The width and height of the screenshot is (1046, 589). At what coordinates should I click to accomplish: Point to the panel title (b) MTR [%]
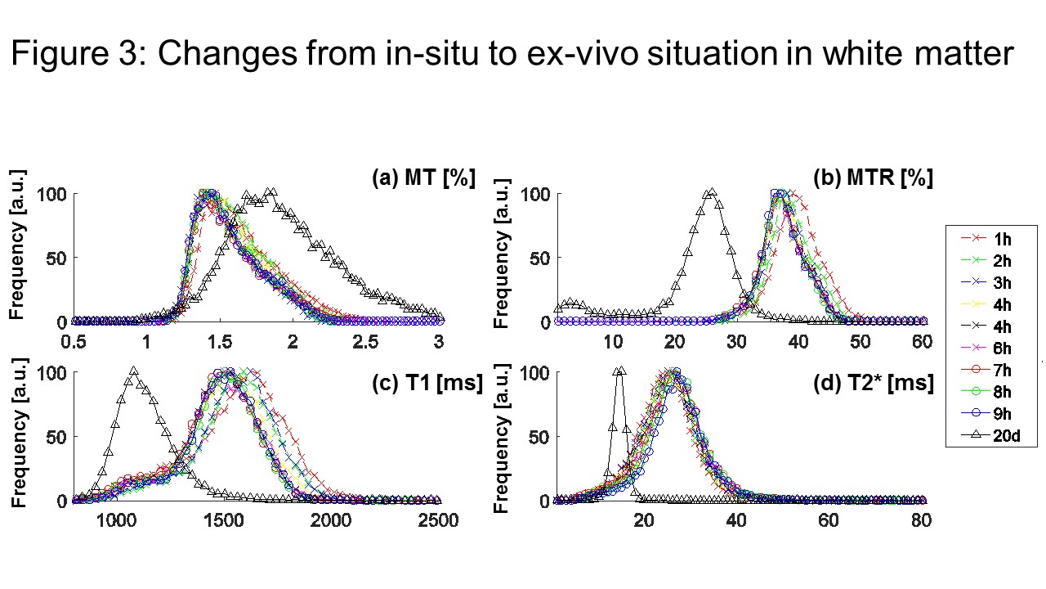[x=873, y=178]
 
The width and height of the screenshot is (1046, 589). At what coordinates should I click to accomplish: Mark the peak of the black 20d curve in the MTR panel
[x=711, y=193]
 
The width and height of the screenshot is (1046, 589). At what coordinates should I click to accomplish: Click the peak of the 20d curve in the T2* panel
[x=619, y=371]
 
